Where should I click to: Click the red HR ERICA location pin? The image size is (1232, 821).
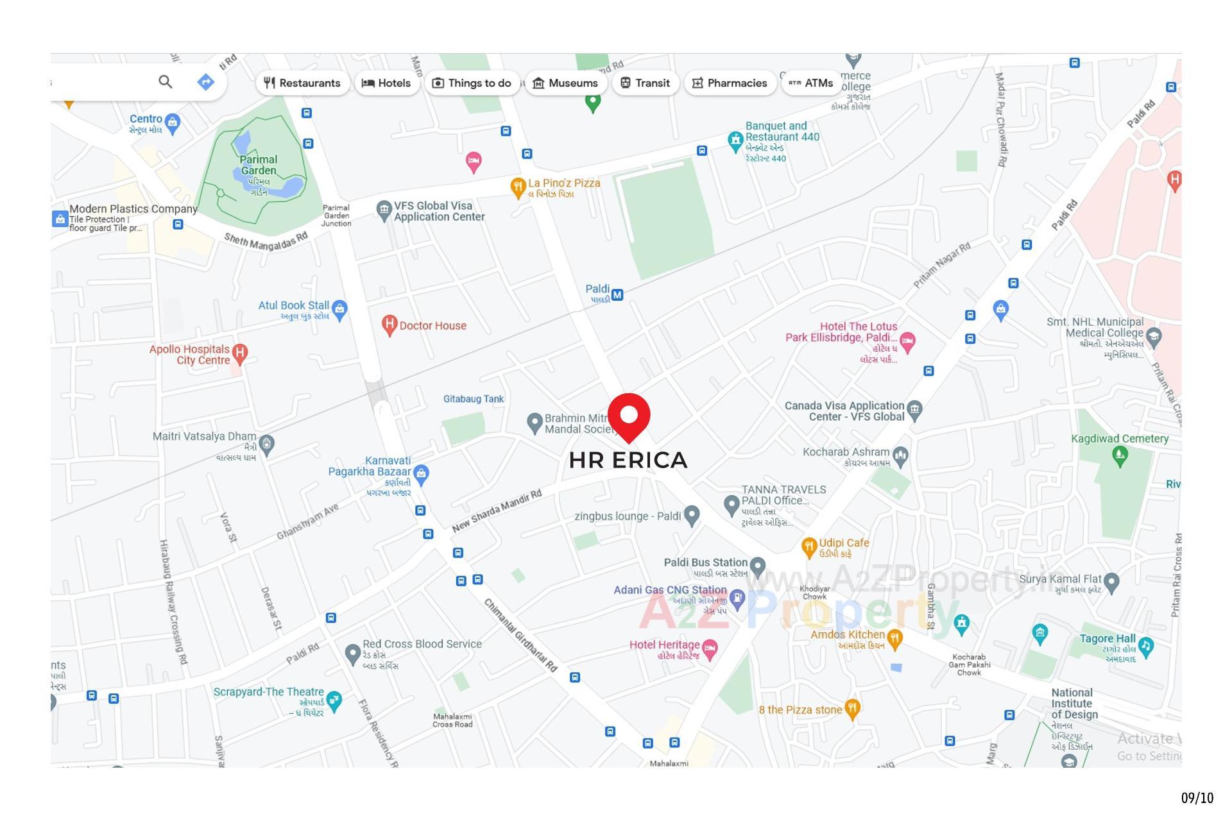[x=629, y=416]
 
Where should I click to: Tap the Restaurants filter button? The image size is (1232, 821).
[x=302, y=83]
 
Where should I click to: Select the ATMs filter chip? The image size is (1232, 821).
[x=811, y=83]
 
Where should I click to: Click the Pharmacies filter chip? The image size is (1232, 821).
[x=730, y=83]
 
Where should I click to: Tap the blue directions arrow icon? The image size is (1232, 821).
[x=205, y=82]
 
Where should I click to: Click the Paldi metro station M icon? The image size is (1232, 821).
[x=617, y=295]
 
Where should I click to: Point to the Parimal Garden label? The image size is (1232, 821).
[x=259, y=165]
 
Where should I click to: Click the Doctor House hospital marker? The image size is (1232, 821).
[x=389, y=325]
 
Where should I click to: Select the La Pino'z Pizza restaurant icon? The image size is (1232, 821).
[x=518, y=187]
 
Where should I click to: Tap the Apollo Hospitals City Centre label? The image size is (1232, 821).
[x=189, y=355]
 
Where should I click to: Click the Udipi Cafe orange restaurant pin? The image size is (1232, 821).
[x=809, y=547]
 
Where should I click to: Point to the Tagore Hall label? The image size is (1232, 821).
[x=1107, y=639]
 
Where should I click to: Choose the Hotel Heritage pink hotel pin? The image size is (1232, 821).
[x=710, y=648]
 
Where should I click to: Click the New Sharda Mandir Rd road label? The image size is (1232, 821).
[x=497, y=511]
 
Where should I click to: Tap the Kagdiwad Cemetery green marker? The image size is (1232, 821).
[x=1120, y=456]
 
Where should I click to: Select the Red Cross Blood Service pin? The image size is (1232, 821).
[x=352, y=654]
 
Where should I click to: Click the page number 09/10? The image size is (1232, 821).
[x=1197, y=798]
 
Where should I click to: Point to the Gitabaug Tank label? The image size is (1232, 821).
[x=474, y=399]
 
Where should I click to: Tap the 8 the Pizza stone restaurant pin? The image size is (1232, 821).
[x=852, y=708]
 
